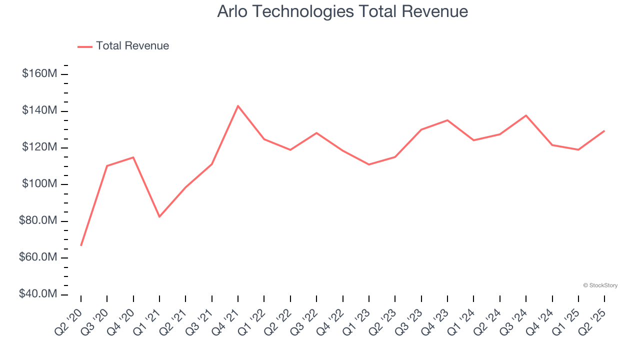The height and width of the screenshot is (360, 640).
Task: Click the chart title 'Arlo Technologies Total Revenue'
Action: [x=342, y=11]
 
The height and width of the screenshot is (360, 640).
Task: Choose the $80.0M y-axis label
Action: [x=38, y=221]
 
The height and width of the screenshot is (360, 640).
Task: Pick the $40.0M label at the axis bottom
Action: [x=38, y=294]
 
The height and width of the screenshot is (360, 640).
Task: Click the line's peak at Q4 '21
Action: [x=238, y=105]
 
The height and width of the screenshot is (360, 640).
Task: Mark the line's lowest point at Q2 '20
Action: [x=81, y=245]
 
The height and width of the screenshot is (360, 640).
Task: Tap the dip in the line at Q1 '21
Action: [x=159, y=216]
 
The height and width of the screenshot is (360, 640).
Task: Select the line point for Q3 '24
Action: [x=526, y=115]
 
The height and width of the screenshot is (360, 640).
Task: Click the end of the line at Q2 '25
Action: [x=604, y=131]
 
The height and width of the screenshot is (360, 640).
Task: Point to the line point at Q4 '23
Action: [x=447, y=120]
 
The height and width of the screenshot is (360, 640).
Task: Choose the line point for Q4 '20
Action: [x=133, y=157]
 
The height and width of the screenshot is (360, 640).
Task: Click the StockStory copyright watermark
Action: [x=600, y=285]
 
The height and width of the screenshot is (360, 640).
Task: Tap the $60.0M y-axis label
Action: [x=38, y=257]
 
